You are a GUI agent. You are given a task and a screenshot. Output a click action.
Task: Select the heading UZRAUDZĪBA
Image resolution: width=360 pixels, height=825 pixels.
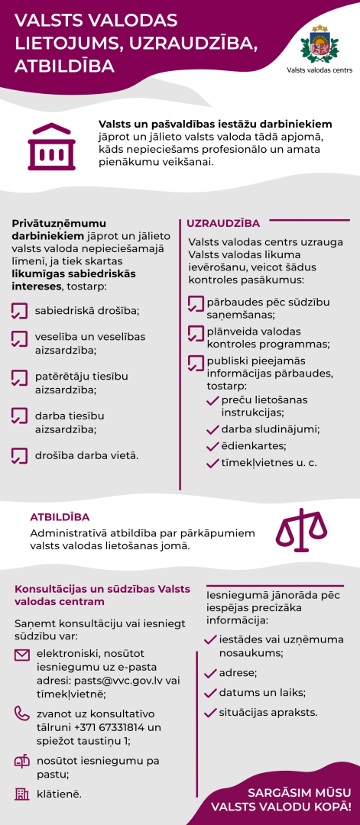pos(223,223)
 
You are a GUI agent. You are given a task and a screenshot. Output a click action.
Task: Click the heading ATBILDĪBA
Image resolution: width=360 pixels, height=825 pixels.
pos(60,517)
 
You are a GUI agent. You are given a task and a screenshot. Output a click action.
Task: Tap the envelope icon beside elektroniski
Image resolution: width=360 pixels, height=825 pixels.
pos(22,655)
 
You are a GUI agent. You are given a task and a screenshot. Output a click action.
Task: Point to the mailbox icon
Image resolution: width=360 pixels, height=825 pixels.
pos(22,762)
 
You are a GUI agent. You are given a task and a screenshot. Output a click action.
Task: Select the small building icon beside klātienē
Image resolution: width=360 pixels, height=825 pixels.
pos(22,794)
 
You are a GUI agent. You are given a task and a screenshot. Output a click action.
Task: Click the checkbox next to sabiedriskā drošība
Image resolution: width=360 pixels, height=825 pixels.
pos(20,311)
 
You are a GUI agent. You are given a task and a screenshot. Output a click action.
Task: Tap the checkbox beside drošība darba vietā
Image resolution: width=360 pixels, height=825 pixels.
pos(20,456)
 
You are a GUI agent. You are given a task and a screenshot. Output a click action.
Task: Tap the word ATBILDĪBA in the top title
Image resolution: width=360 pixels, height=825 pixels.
pos(65,66)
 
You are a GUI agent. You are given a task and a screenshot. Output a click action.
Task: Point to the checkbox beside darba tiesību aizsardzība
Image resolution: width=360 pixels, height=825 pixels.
pos(20,416)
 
